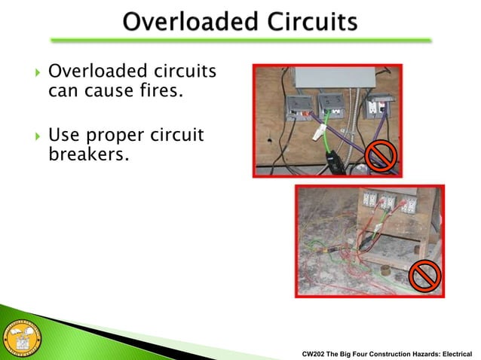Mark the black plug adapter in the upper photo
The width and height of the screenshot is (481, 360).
[334, 160]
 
